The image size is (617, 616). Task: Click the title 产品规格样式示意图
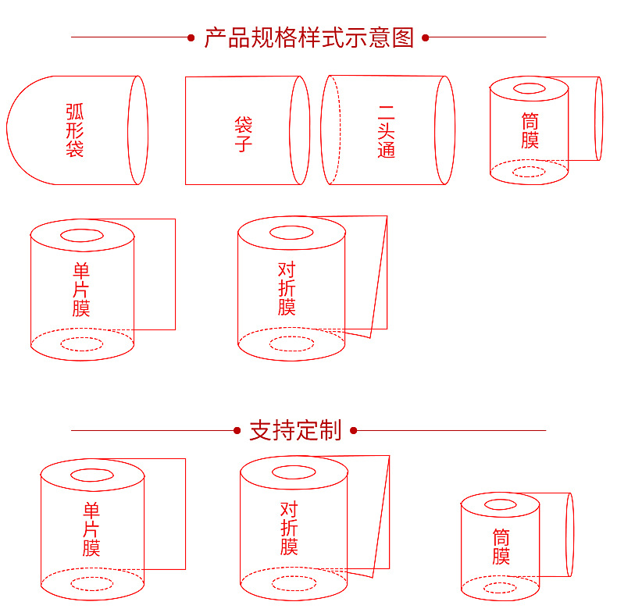(309, 37)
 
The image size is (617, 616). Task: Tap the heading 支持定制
(295, 430)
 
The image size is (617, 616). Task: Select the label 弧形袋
(75, 130)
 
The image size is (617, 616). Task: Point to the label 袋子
(243, 134)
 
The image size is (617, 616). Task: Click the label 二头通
(386, 132)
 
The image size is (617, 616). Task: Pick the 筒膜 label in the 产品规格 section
(530, 130)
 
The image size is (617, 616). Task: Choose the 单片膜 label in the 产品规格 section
(81, 290)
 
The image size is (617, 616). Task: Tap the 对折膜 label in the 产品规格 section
(287, 288)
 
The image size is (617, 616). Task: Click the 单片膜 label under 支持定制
(91, 529)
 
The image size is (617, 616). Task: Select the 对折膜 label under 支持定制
(289, 529)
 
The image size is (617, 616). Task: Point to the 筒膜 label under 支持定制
(501, 547)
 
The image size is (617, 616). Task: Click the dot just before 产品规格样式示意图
(191, 37)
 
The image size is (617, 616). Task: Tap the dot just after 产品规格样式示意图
(426, 37)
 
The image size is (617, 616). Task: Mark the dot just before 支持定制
(237, 431)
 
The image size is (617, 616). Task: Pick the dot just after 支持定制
(353, 431)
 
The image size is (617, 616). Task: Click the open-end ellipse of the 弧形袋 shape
(128, 130)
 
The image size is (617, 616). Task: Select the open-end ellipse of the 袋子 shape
(290, 130)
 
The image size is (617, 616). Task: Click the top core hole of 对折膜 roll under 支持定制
(294, 467)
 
